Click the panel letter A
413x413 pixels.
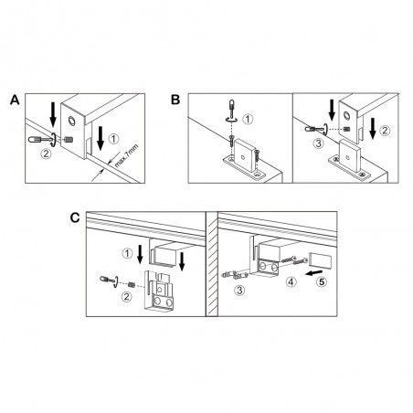point(15,100)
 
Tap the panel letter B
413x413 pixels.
point(175,100)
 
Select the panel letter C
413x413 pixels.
point(75,217)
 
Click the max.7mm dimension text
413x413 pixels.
point(126,156)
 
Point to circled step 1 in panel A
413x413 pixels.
point(113,139)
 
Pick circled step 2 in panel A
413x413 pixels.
point(46,154)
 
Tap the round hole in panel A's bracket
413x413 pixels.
point(72,122)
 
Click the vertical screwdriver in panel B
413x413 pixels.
point(232,111)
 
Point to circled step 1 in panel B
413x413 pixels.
point(248,119)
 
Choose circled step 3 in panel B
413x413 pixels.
point(319,143)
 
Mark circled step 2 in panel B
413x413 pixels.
point(385,131)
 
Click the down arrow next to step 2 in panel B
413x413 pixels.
point(372,128)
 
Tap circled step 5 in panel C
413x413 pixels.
point(322,281)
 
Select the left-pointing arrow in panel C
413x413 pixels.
point(314,272)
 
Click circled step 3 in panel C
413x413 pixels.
point(239,290)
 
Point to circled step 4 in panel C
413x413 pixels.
point(291,281)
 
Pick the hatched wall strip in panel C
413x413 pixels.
point(212,264)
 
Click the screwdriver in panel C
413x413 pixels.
point(110,280)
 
